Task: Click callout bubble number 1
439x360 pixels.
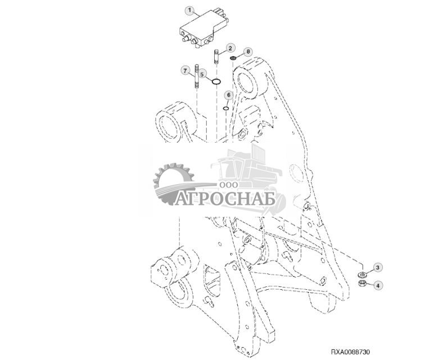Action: tap(189, 11)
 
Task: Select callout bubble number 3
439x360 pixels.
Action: tap(378, 268)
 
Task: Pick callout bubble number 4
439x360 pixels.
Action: tap(378, 285)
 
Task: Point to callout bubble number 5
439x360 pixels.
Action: tap(203, 74)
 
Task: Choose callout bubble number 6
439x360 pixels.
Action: tap(228, 95)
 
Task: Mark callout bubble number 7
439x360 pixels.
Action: tap(185, 70)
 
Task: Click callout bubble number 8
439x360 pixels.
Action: tap(248, 51)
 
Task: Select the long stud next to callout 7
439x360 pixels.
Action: tap(198, 78)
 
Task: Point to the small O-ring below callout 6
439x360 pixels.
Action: tap(225, 108)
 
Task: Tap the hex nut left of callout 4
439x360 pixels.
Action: tap(364, 285)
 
